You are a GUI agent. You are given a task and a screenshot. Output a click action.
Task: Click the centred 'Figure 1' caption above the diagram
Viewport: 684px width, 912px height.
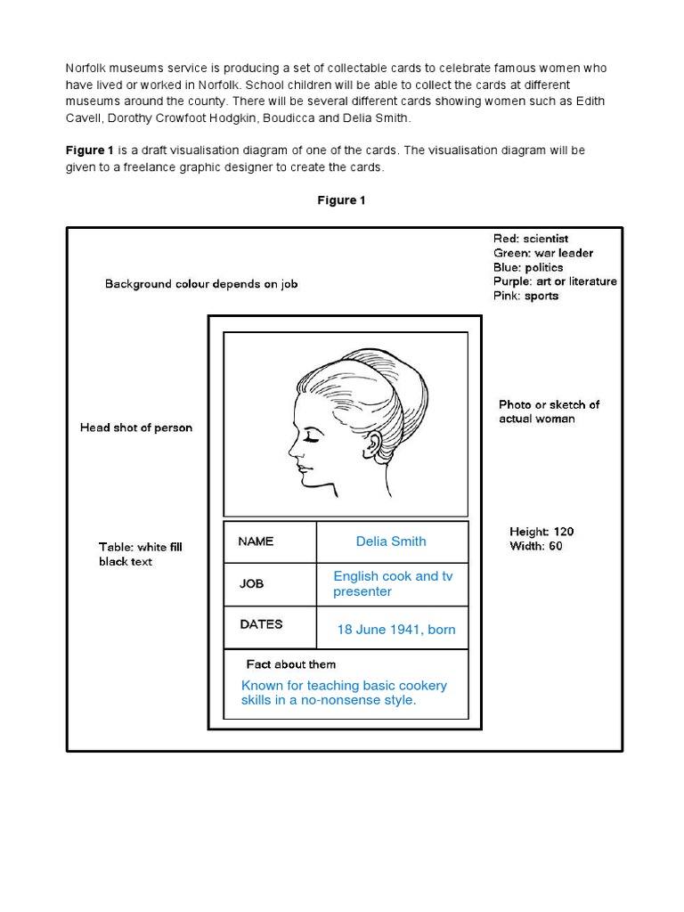[341, 200]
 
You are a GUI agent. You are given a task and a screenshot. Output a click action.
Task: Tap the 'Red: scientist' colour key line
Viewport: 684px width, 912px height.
[530, 239]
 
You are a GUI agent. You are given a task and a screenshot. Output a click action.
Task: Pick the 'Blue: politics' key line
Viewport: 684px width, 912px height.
[528, 267]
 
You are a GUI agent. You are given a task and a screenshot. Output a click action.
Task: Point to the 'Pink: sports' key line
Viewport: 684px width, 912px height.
[525, 296]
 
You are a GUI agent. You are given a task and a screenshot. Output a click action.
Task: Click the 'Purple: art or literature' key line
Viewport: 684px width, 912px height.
[555, 281]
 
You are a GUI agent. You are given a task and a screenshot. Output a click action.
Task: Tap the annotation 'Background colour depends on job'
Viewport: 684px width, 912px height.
[201, 284]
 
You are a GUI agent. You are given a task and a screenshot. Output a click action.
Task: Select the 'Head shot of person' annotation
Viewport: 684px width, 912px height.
[136, 427]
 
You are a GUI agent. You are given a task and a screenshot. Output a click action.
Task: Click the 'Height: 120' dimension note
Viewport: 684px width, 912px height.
[541, 532]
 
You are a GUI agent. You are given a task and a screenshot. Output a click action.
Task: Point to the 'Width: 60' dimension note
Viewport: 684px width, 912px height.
[535, 546]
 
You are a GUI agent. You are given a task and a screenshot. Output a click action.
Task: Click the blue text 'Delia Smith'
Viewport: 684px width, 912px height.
[391, 541]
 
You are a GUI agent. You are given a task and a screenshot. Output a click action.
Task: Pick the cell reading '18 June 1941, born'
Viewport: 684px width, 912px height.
[395, 630]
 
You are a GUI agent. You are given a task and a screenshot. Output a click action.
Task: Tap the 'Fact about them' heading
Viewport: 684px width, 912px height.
[291, 664]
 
